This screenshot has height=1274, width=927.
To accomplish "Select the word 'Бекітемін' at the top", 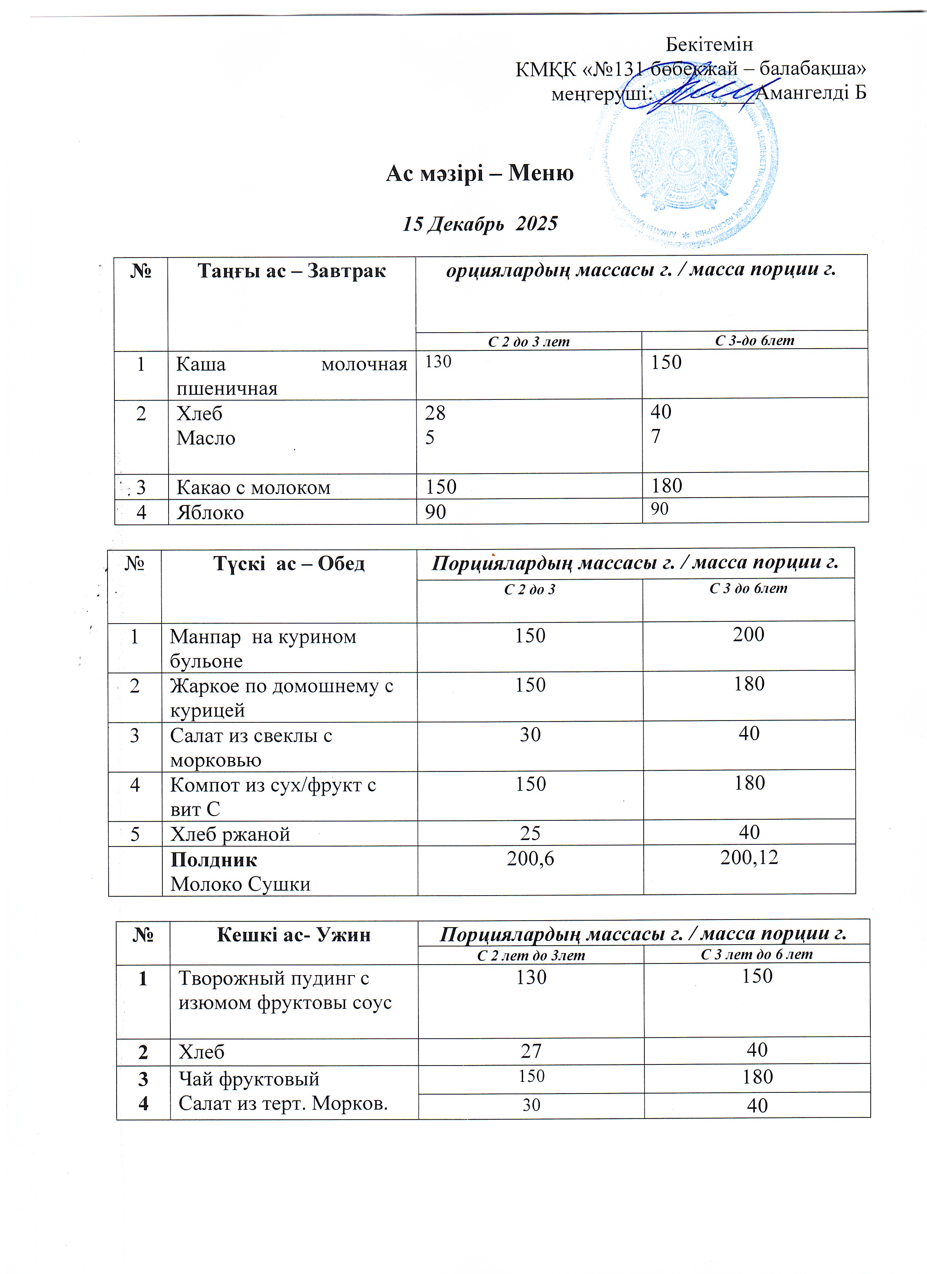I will [x=709, y=44].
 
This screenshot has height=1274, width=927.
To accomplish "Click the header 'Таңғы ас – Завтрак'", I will [x=292, y=271].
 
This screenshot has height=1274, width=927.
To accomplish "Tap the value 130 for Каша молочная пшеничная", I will [x=438, y=362].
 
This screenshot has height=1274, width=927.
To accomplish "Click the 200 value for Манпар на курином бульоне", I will [x=748, y=634].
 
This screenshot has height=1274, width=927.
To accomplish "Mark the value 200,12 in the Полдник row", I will [x=749, y=857].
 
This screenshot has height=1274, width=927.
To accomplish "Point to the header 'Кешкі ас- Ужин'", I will [x=293, y=935].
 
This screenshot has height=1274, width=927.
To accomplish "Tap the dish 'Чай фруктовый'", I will [x=249, y=1079].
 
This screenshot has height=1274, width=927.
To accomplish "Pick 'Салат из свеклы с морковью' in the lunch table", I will [x=251, y=747].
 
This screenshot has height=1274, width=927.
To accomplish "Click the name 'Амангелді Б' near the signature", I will [x=811, y=93].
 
